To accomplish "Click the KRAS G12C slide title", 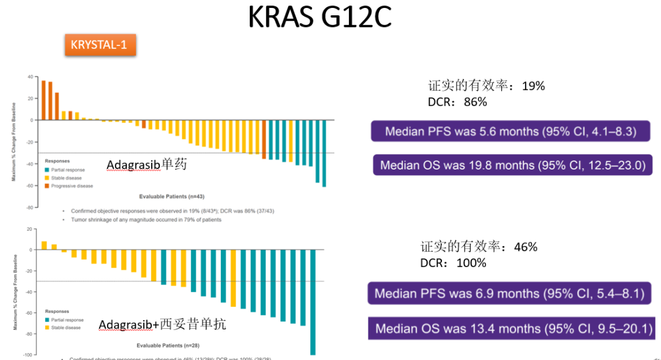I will point(319,18).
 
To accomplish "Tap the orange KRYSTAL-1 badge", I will point(100,45).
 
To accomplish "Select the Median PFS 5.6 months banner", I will point(510,131).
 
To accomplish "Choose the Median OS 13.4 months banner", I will point(513,329).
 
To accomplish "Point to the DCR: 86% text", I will point(457,102).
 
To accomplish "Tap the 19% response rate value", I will point(533,86).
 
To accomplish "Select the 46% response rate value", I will point(526,247).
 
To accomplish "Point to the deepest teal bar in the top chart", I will point(324,153).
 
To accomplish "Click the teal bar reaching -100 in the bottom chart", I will point(313,302).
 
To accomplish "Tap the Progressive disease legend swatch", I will point(47,186).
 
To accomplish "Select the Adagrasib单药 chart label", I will point(146,165).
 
